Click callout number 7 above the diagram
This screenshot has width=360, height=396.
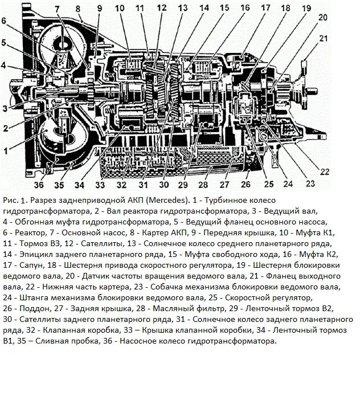(58, 8)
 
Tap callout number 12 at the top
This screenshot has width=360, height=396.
(161, 8)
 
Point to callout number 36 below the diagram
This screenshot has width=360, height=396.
(38, 185)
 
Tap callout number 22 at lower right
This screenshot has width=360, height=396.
(324, 171)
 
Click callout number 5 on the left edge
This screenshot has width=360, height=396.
(4, 42)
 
